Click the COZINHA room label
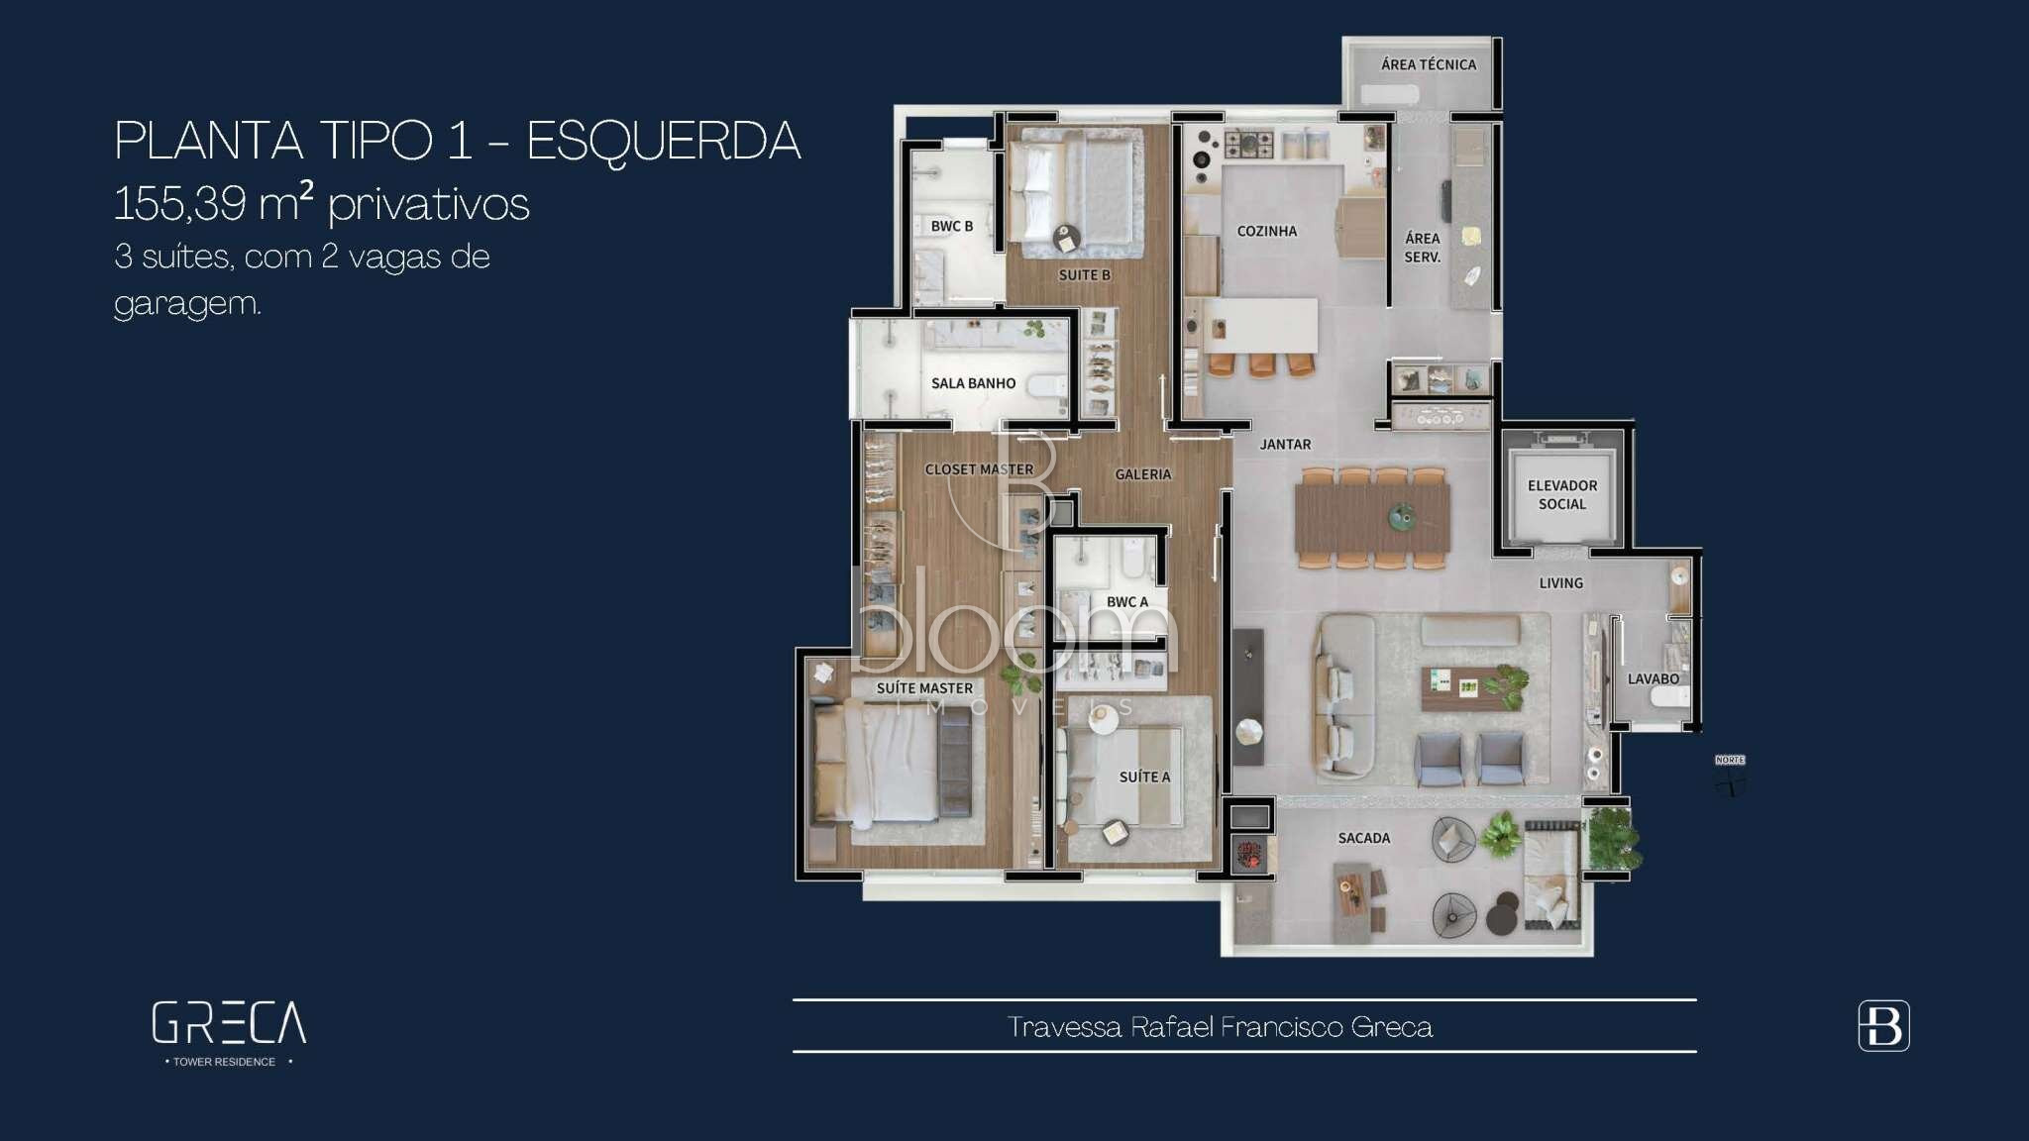click(x=1266, y=231)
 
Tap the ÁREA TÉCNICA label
click(x=1429, y=64)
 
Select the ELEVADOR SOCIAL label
click(x=1562, y=494)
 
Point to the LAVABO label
click(x=1654, y=678)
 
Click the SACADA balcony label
click(x=1364, y=838)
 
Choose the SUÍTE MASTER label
click(x=924, y=687)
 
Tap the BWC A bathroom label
click(x=1127, y=601)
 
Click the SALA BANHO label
click(x=973, y=383)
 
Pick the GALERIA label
click(x=1143, y=474)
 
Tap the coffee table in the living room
click(x=1460, y=687)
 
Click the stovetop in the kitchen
click(x=1248, y=146)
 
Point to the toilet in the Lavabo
click(x=1670, y=698)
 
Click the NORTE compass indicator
click(x=1730, y=776)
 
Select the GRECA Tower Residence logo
click(x=229, y=1033)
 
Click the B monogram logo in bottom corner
click(x=1883, y=1026)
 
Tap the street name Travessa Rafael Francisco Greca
click(x=1220, y=1027)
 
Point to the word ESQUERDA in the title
click(x=663, y=141)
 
